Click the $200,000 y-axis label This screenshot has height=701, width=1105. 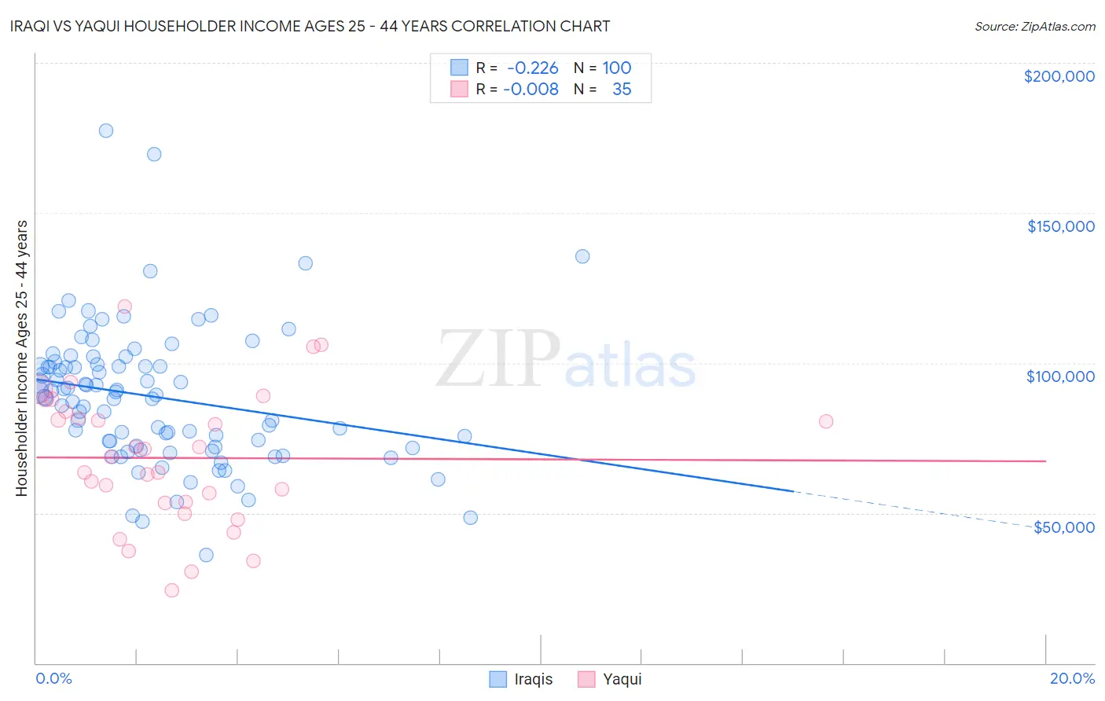point(1059,76)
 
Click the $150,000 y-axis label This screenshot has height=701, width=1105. point(1060,226)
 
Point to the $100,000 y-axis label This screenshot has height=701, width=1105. point(1060,376)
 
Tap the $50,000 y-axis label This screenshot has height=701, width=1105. point(1063,527)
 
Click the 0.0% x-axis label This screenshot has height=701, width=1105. point(53,678)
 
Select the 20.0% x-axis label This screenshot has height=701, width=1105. point(1072,678)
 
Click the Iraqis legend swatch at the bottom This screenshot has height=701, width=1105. point(498,679)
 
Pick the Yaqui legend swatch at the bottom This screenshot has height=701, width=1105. point(586,679)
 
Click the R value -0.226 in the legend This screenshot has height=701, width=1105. point(532,68)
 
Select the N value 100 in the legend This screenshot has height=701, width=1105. point(617,68)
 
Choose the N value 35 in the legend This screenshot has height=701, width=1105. point(622,89)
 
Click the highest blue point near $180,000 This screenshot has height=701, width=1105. point(106,130)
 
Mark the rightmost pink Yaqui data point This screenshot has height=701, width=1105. point(826,421)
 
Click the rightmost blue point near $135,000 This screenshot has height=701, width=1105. point(582,256)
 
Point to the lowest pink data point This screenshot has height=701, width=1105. point(171,590)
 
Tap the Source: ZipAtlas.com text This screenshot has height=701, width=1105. point(1034,27)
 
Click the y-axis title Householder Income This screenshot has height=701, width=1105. point(22,358)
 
